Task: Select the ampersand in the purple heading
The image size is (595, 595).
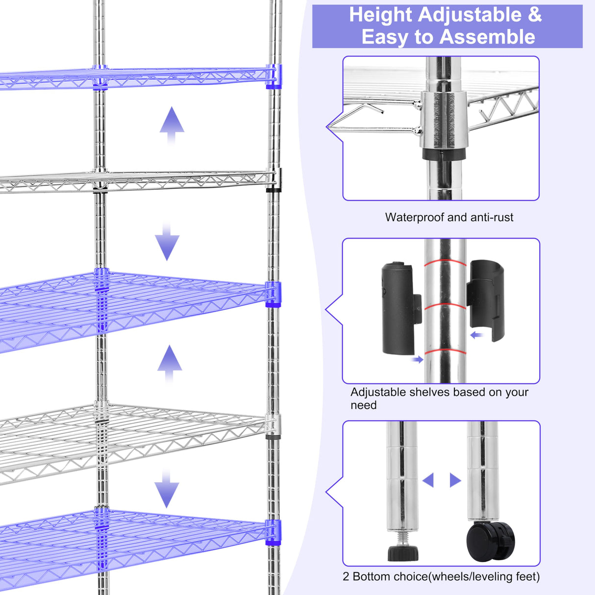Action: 535,15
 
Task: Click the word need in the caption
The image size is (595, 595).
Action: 363,405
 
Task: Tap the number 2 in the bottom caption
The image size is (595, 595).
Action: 346,576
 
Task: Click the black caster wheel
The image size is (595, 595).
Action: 491,541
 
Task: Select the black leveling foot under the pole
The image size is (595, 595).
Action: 403,552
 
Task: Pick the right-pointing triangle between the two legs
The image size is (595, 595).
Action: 455,480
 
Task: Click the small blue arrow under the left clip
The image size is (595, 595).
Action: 417,360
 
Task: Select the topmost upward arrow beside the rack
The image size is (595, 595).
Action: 172,124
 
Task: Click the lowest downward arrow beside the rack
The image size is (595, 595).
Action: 167,490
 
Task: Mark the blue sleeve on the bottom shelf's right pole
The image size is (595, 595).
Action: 273,532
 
